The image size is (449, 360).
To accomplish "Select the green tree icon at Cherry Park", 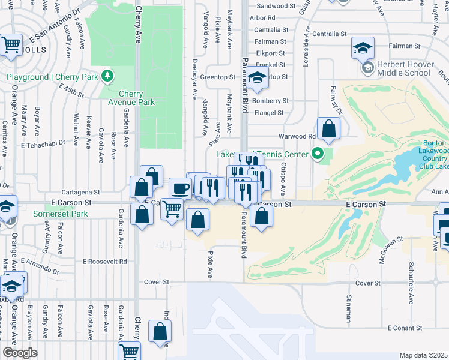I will coord(107,76).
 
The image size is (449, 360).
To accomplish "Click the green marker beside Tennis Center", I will coord(320,154).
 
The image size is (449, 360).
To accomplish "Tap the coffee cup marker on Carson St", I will coord(180,188).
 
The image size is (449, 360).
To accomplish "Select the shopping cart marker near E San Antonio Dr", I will coord(11,45).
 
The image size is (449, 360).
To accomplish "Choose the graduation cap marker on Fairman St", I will coord(363,48).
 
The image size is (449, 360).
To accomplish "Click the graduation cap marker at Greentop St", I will coord(257,79).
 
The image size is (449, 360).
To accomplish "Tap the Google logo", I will coord(20,353).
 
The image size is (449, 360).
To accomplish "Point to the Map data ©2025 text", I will coord(423,355).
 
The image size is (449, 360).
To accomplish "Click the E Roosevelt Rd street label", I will coord(105,262).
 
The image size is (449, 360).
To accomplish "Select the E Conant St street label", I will coord(405,328).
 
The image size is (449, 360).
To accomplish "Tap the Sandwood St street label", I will coord(276,6).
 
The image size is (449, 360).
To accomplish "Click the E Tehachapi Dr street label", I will coord(43,145).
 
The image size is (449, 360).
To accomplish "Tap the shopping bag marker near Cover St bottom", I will coord(160,331).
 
